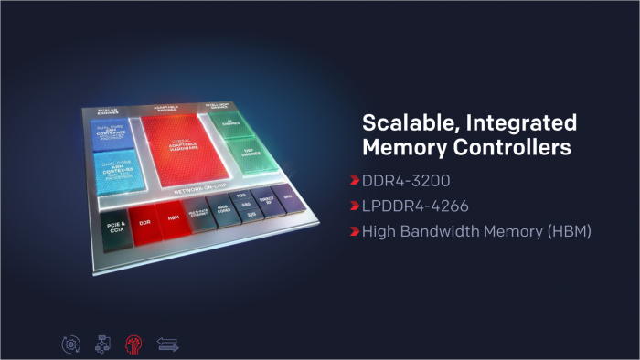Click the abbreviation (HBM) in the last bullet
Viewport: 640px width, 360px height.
coord(569,232)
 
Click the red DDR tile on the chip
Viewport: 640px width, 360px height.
coord(144,222)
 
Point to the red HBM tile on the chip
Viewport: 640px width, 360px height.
coord(174,218)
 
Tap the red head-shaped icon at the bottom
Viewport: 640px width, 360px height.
coord(133,344)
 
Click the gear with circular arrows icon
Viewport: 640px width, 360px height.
coord(69,344)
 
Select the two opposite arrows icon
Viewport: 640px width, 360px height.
coord(167,344)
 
